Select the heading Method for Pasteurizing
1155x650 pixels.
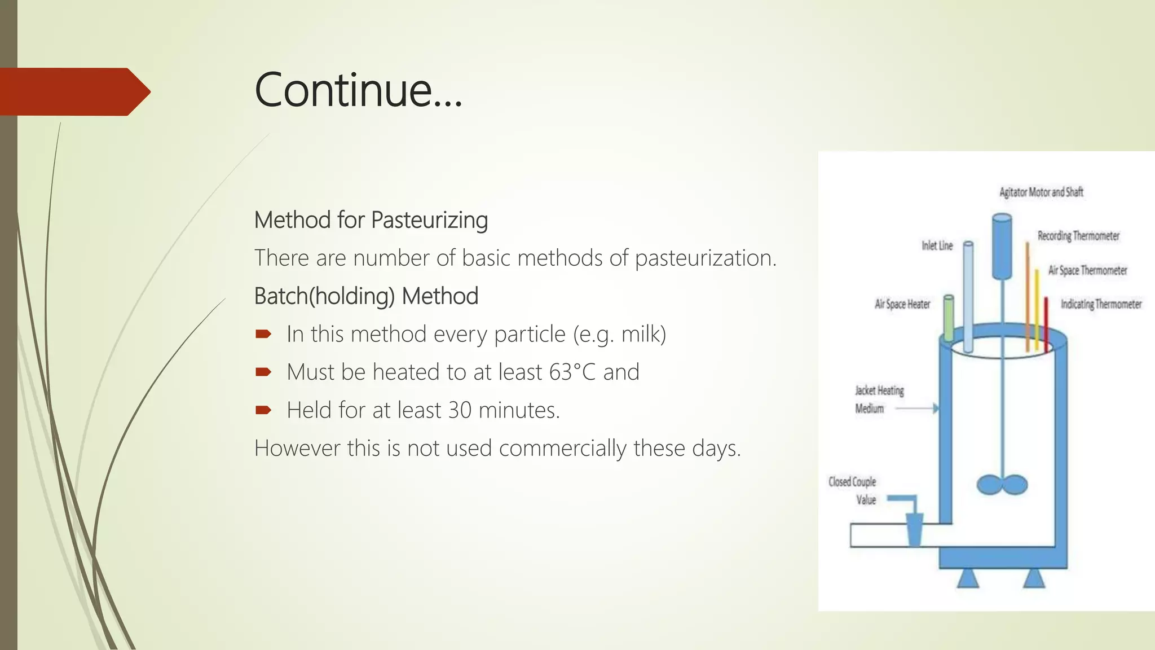point(371,220)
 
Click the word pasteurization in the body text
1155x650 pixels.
point(705,258)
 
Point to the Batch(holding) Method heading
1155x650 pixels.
point(366,296)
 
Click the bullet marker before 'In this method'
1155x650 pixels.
point(263,335)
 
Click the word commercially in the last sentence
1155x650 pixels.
point(562,449)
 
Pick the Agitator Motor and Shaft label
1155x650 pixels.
point(1041,192)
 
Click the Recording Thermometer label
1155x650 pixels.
point(1078,236)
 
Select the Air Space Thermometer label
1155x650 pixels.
point(1087,270)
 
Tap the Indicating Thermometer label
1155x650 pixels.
point(1101,304)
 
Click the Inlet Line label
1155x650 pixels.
point(937,245)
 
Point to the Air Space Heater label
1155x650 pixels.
point(902,304)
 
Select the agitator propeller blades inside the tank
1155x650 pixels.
point(1002,485)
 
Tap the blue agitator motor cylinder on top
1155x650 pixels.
point(1002,246)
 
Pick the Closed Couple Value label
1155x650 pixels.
point(852,490)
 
